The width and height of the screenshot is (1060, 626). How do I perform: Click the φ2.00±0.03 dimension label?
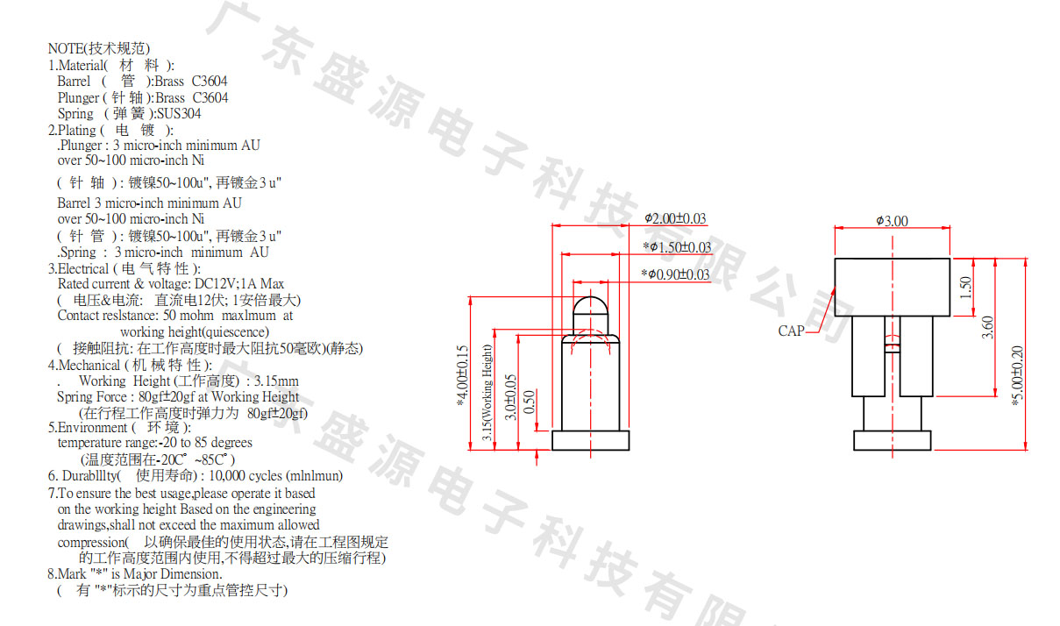(x=675, y=218)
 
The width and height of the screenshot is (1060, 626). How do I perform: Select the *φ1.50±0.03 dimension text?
(x=677, y=246)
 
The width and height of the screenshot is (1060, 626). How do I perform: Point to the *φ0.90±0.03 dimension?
(x=675, y=274)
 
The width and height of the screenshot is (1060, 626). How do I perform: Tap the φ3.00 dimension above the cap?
(x=892, y=221)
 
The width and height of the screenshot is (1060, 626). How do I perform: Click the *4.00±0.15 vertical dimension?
(x=463, y=375)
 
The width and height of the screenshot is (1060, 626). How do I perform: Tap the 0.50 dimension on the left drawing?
(x=529, y=401)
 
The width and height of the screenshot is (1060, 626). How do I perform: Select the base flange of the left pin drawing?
(x=591, y=440)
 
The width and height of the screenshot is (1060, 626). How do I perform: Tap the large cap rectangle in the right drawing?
(x=892, y=287)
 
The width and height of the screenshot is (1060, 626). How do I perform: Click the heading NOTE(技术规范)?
(x=98, y=48)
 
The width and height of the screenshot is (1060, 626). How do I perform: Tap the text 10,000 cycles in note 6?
(x=247, y=476)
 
